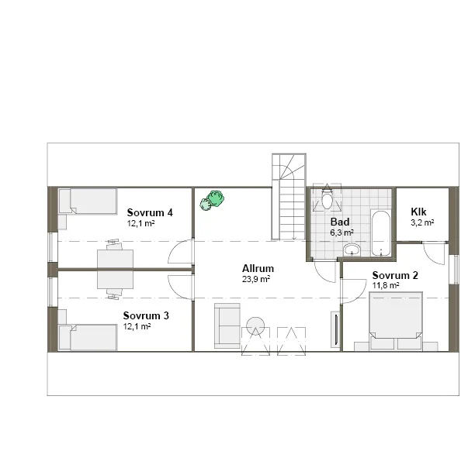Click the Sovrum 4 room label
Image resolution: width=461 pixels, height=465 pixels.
[x=149, y=212]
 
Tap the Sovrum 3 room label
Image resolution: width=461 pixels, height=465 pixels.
[x=146, y=316]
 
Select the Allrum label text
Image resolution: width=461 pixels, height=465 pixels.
[x=258, y=269]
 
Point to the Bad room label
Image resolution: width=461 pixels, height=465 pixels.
[x=340, y=222]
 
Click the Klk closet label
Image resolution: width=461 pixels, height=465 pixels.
[x=418, y=211]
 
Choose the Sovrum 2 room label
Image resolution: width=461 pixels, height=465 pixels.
[x=395, y=275]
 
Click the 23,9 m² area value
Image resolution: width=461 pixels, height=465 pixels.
[x=256, y=279]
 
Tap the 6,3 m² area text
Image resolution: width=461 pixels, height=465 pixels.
[x=341, y=232]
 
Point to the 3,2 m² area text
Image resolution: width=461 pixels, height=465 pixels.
[x=421, y=222]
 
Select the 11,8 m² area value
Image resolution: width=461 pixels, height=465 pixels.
[x=386, y=285]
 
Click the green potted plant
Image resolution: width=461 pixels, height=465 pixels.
[x=212, y=201]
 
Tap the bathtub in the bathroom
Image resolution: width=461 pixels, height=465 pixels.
[x=380, y=232]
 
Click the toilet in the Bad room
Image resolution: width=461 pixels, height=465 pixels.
[x=328, y=200]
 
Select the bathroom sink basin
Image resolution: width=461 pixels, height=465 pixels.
[x=352, y=250]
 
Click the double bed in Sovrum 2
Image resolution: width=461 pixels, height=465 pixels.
[x=396, y=321]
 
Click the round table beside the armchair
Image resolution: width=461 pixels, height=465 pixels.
[x=256, y=325]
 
